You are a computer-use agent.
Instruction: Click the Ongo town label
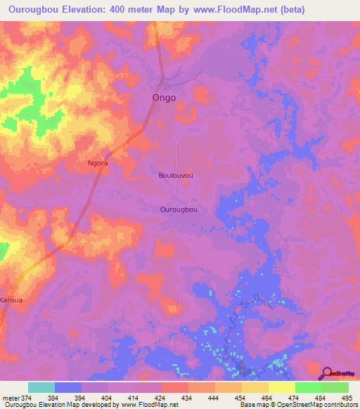(165, 98)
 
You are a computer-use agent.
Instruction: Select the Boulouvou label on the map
(176, 175)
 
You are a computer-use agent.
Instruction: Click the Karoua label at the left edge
(11, 299)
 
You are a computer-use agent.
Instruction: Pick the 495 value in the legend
(347, 398)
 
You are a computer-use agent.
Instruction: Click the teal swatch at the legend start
(41, 387)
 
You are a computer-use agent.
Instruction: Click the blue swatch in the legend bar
(68, 387)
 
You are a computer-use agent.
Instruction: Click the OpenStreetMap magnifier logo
(327, 373)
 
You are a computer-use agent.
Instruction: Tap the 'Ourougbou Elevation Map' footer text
(42, 405)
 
